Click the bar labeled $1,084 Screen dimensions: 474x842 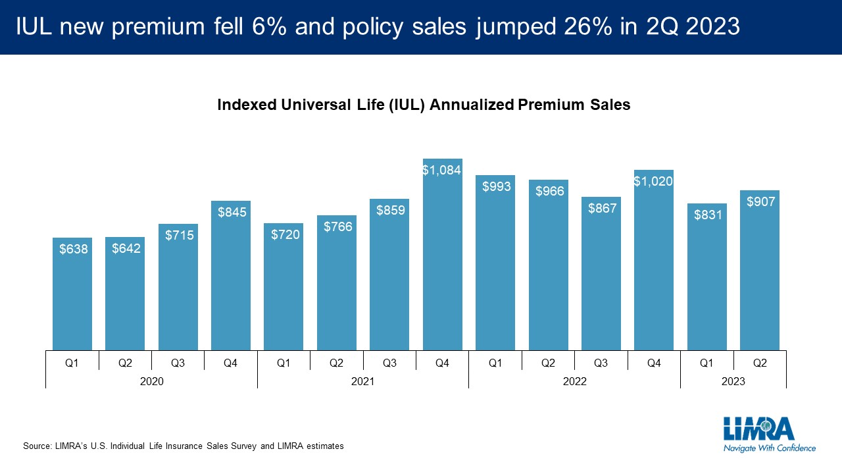pos(442,263)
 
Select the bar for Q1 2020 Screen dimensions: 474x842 pos(72,296)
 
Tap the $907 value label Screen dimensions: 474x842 pos(760,202)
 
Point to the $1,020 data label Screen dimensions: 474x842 pos(653,181)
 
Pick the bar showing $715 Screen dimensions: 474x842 pos(178,290)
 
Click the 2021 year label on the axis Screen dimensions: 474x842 pos(362,381)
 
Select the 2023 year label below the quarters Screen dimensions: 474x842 pos(733,381)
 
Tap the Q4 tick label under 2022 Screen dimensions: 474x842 pos(653,362)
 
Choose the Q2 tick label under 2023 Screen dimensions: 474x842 pos(760,362)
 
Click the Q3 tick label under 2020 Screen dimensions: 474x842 pos(178,362)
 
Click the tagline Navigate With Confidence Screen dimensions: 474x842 pos(769,448)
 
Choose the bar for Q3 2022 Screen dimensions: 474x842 pos(601,276)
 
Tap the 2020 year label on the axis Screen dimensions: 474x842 pos(151,381)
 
